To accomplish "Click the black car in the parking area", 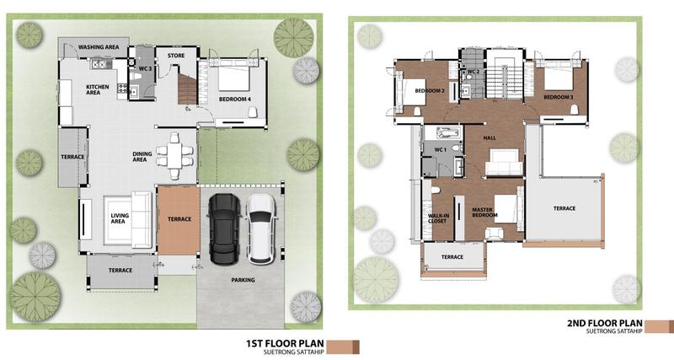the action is click(x=224, y=228).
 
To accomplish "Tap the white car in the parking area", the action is click(x=261, y=228).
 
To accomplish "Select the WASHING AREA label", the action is click(x=99, y=47).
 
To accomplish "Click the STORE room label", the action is click(x=176, y=56).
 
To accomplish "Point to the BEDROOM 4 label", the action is click(x=235, y=99).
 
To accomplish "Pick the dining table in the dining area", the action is click(x=174, y=156).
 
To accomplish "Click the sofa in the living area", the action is click(x=142, y=220).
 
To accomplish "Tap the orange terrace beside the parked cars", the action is click(x=179, y=219).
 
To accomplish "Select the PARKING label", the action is click(x=243, y=280).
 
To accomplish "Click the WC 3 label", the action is click(x=145, y=69).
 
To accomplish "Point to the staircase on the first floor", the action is click(x=187, y=89).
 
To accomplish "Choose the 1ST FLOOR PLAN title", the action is click(x=285, y=343).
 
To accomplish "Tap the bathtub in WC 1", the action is click(x=448, y=132).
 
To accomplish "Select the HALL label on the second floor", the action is click(x=489, y=138).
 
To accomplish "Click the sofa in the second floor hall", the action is click(x=504, y=162).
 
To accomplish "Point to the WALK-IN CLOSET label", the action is click(x=437, y=218).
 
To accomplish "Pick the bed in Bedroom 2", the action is click(x=410, y=92).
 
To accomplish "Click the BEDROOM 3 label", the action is click(x=559, y=97).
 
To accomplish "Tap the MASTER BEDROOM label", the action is click(x=485, y=212).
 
